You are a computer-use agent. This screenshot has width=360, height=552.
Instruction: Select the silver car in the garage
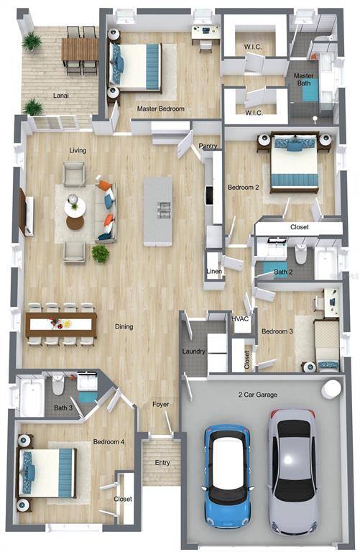[292, 472]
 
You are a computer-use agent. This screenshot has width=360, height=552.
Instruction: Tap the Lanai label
[61, 96]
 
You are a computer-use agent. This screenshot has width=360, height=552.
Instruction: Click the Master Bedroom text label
[160, 109]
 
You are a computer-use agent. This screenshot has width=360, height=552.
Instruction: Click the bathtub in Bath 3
[32, 397]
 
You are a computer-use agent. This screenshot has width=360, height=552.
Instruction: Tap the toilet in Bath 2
[301, 254]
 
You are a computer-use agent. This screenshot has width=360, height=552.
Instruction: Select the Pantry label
[208, 146]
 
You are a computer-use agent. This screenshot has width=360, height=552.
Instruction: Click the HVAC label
[240, 319]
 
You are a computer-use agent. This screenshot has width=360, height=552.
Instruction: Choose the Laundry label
[193, 351]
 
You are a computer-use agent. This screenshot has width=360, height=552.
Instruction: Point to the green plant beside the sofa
[101, 254]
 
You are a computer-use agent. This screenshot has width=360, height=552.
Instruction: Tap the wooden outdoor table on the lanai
[80, 50]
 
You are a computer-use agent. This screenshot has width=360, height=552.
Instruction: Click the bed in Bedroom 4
[47, 472]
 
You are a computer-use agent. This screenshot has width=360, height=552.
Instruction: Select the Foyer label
[160, 404]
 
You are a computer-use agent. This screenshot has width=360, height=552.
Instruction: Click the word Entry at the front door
[162, 463]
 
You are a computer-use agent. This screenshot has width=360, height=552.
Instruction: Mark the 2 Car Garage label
[257, 395]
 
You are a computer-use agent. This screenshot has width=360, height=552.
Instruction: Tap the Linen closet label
[214, 271]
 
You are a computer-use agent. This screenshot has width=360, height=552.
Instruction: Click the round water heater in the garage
[331, 389]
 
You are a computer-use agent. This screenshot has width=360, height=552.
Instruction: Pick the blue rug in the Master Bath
[310, 90]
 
